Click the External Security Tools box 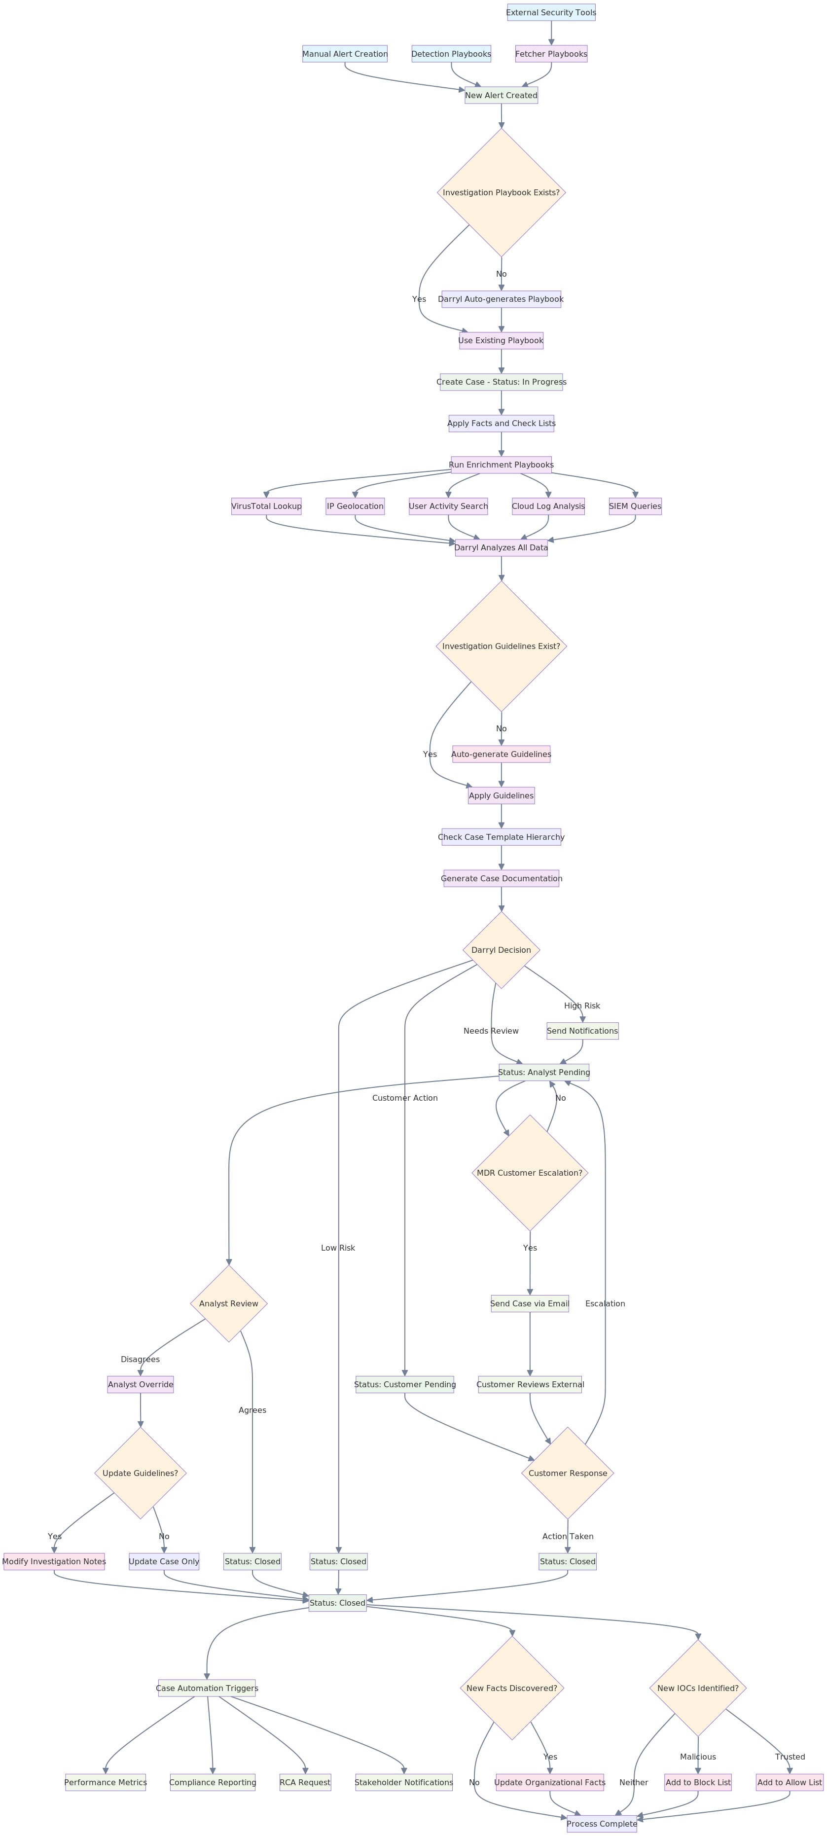551,12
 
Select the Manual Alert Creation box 345,53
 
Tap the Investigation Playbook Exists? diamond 501,192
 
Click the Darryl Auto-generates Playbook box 501,299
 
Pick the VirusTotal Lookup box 266,506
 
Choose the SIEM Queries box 635,506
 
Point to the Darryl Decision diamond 501,950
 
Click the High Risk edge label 582,1006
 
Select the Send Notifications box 582,1031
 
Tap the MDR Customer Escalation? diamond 530,1172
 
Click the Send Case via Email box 530,1303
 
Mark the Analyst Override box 141,1384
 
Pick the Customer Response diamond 568,1473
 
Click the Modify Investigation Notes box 54,1562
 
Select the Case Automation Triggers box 207,1688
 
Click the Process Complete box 602,1824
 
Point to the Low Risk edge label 338,1247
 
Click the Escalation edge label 605,1303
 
